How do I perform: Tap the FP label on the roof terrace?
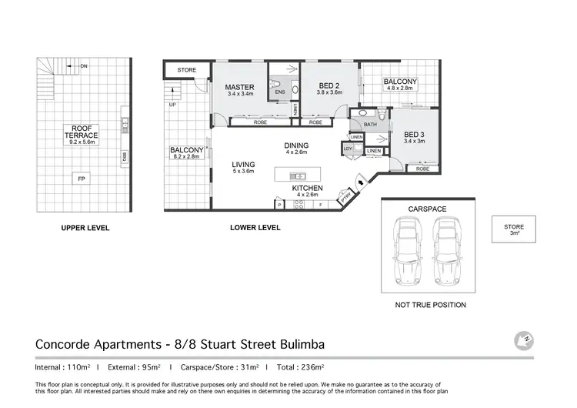[x=81, y=179]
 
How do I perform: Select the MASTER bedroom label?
[x=239, y=88]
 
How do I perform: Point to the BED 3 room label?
[x=415, y=135]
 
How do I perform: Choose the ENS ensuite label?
[x=278, y=94]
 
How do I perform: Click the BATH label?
[x=370, y=124]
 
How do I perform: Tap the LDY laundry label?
[x=348, y=149]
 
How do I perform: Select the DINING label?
[x=295, y=145]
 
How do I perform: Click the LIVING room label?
[x=243, y=165]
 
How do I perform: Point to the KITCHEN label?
[x=307, y=188]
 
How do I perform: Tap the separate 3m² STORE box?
[x=514, y=230]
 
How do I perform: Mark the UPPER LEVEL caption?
[x=86, y=228]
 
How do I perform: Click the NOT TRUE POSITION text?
[x=430, y=305]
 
